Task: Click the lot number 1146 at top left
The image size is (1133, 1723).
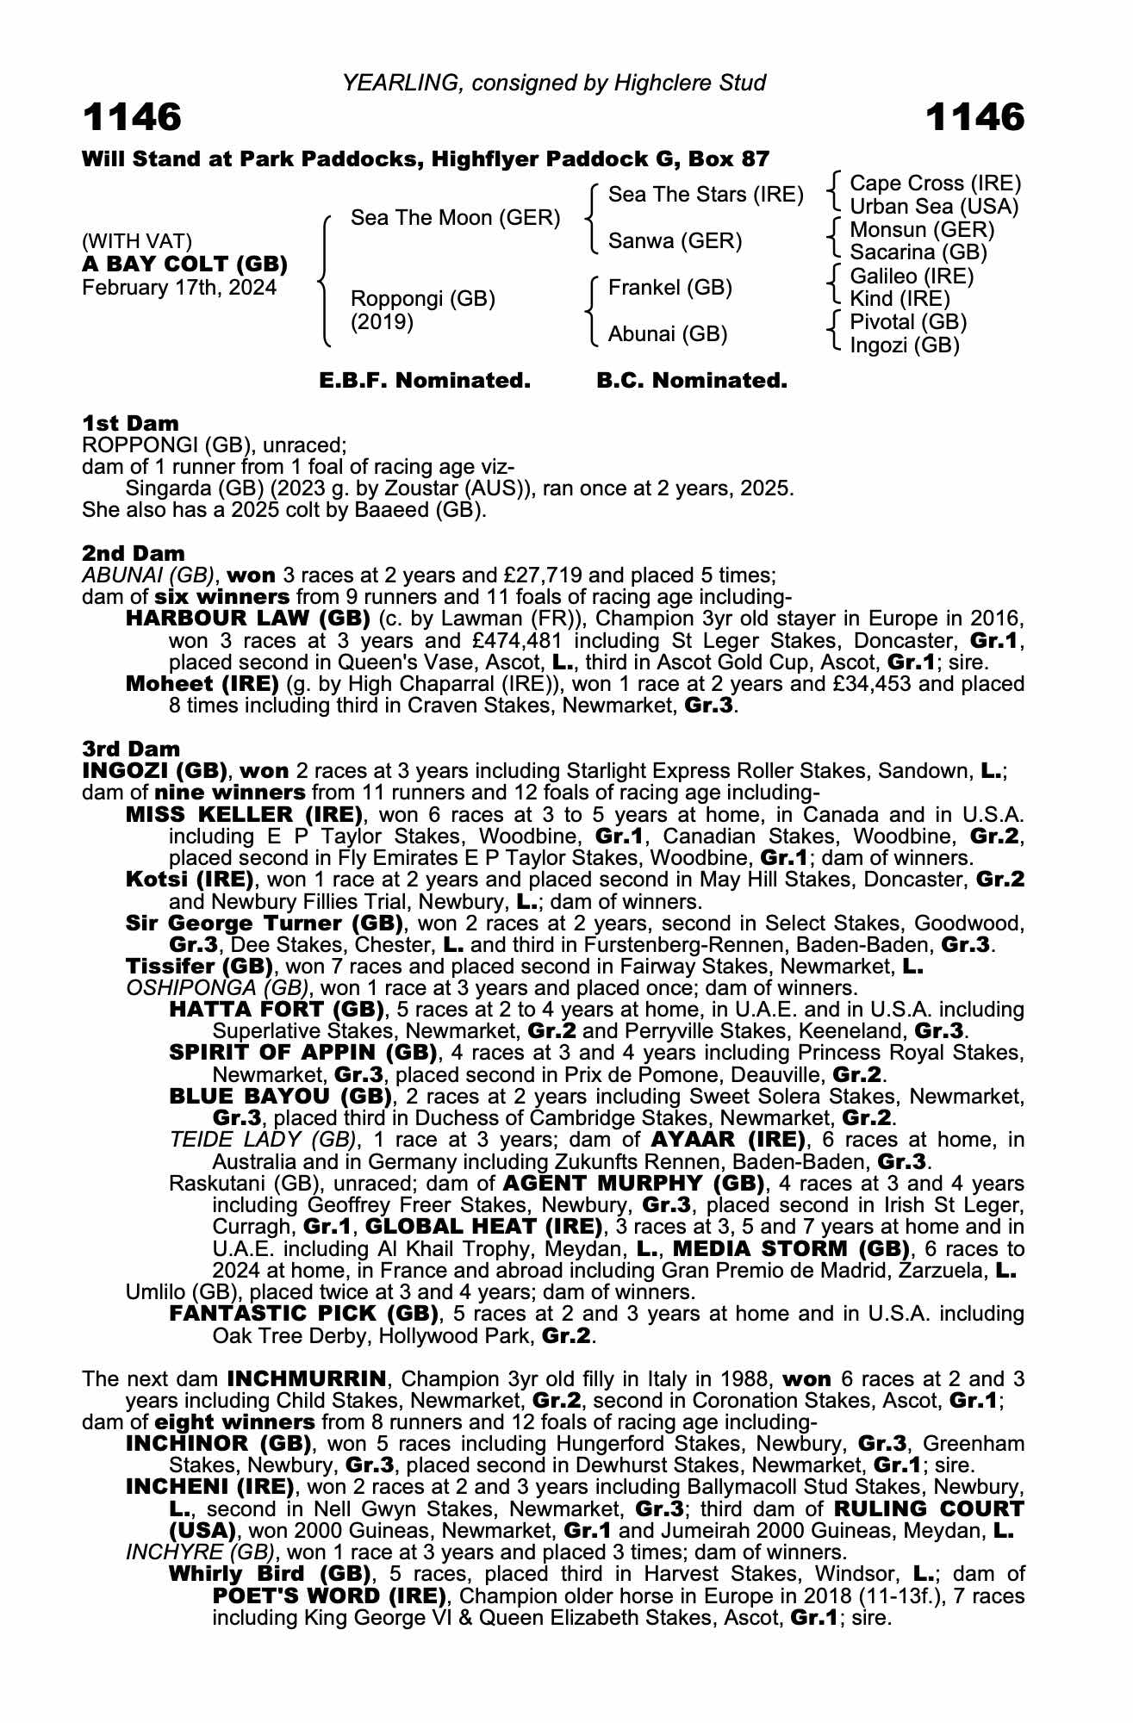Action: point(132,117)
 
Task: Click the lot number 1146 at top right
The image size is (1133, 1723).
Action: point(974,117)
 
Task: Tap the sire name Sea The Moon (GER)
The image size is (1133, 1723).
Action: point(455,218)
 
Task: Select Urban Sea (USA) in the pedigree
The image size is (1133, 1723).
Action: point(934,207)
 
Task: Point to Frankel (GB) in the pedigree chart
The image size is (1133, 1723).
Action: point(669,288)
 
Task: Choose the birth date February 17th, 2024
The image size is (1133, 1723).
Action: point(179,288)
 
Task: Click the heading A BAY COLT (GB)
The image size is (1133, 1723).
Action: point(184,264)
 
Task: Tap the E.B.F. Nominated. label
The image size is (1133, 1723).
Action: point(425,381)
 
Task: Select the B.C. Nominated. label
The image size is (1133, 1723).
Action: point(691,381)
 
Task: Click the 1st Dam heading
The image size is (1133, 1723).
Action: point(130,423)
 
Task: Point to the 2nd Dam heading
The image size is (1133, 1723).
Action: point(133,553)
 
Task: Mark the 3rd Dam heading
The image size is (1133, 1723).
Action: point(131,749)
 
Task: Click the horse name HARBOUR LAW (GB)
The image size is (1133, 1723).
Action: point(247,619)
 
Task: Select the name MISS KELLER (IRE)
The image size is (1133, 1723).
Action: point(244,814)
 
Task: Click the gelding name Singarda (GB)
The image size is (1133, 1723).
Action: point(184,488)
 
